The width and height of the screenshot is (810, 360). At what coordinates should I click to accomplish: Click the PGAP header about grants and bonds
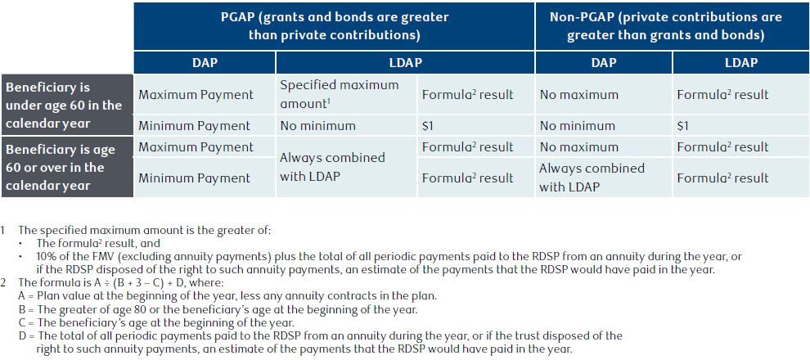click(x=334, y=26)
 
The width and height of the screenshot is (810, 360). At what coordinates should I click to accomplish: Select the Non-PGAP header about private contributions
click(x=665, y=26)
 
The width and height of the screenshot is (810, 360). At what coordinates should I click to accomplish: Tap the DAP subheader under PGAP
click(x=205, y=63)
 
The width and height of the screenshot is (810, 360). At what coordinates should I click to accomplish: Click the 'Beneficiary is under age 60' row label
click(x=64, y=106)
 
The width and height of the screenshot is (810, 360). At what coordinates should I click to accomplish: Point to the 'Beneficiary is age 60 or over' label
click(x=61, y=168)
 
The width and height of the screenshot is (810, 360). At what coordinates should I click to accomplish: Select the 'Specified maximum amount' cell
click(x=340, y=94)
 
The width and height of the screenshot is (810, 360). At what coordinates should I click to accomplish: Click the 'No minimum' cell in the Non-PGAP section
click(x=578, y=126)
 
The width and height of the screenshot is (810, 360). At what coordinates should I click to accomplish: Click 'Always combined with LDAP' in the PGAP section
click(x=332, y=166)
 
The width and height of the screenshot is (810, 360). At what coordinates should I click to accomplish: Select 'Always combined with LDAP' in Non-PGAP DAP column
click(x=592, y=178)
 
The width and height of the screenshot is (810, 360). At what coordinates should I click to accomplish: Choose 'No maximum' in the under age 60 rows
click(x=578, y=95)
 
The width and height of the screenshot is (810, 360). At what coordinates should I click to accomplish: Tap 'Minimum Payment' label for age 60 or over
click(x=194, y=178)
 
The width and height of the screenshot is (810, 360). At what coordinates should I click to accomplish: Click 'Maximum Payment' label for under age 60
click(x=196, y=95)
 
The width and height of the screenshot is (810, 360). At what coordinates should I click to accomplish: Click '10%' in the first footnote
click(x=45, y=256)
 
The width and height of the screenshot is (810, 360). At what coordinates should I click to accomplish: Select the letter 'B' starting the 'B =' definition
click(x=21, y=309)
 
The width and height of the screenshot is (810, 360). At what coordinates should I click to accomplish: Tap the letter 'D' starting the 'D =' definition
click(x=21, y=336)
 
